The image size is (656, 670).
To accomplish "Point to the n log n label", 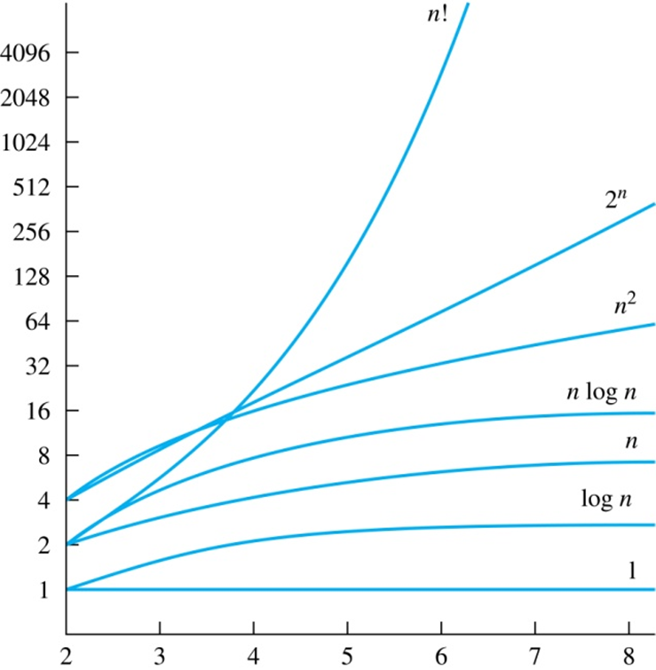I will click(x=603, y=391).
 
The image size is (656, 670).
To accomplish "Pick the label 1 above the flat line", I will click(x=631, y=569).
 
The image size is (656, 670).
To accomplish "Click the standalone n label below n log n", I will click(x=631, y=441).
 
